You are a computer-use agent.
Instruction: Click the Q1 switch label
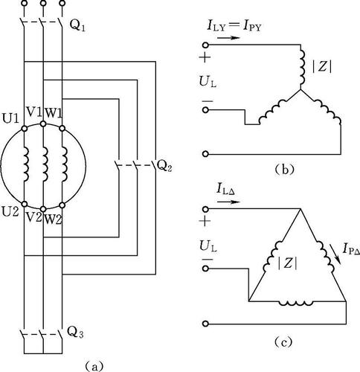tap(77, 25)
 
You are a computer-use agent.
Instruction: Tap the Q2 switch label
tap(164, 167)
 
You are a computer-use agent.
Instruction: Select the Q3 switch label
tap(75, 333)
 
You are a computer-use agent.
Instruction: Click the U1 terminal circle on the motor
tap(25, 129)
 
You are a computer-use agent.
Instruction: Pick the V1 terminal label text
tap(34, 113)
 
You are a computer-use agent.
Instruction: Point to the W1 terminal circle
tap(62, 128)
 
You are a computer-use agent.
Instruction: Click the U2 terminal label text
tap(10, 212)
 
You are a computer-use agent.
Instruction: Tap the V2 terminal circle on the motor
tap(43, 209)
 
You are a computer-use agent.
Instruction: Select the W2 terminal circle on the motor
tap(62, 205)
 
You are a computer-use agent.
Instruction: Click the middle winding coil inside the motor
tap(45, 164)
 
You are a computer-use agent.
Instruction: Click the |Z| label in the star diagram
tap(322, 67)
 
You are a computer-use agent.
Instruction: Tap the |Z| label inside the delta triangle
tap(287, 263)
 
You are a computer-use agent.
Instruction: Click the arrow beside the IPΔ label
tap(333, 251)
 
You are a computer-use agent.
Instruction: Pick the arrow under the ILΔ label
tap(228, 202)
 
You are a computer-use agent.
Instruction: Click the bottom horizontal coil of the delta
tap(296, 303)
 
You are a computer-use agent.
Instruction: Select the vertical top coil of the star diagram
tap(302, 67)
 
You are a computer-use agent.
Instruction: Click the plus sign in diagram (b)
tap(205, 57)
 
